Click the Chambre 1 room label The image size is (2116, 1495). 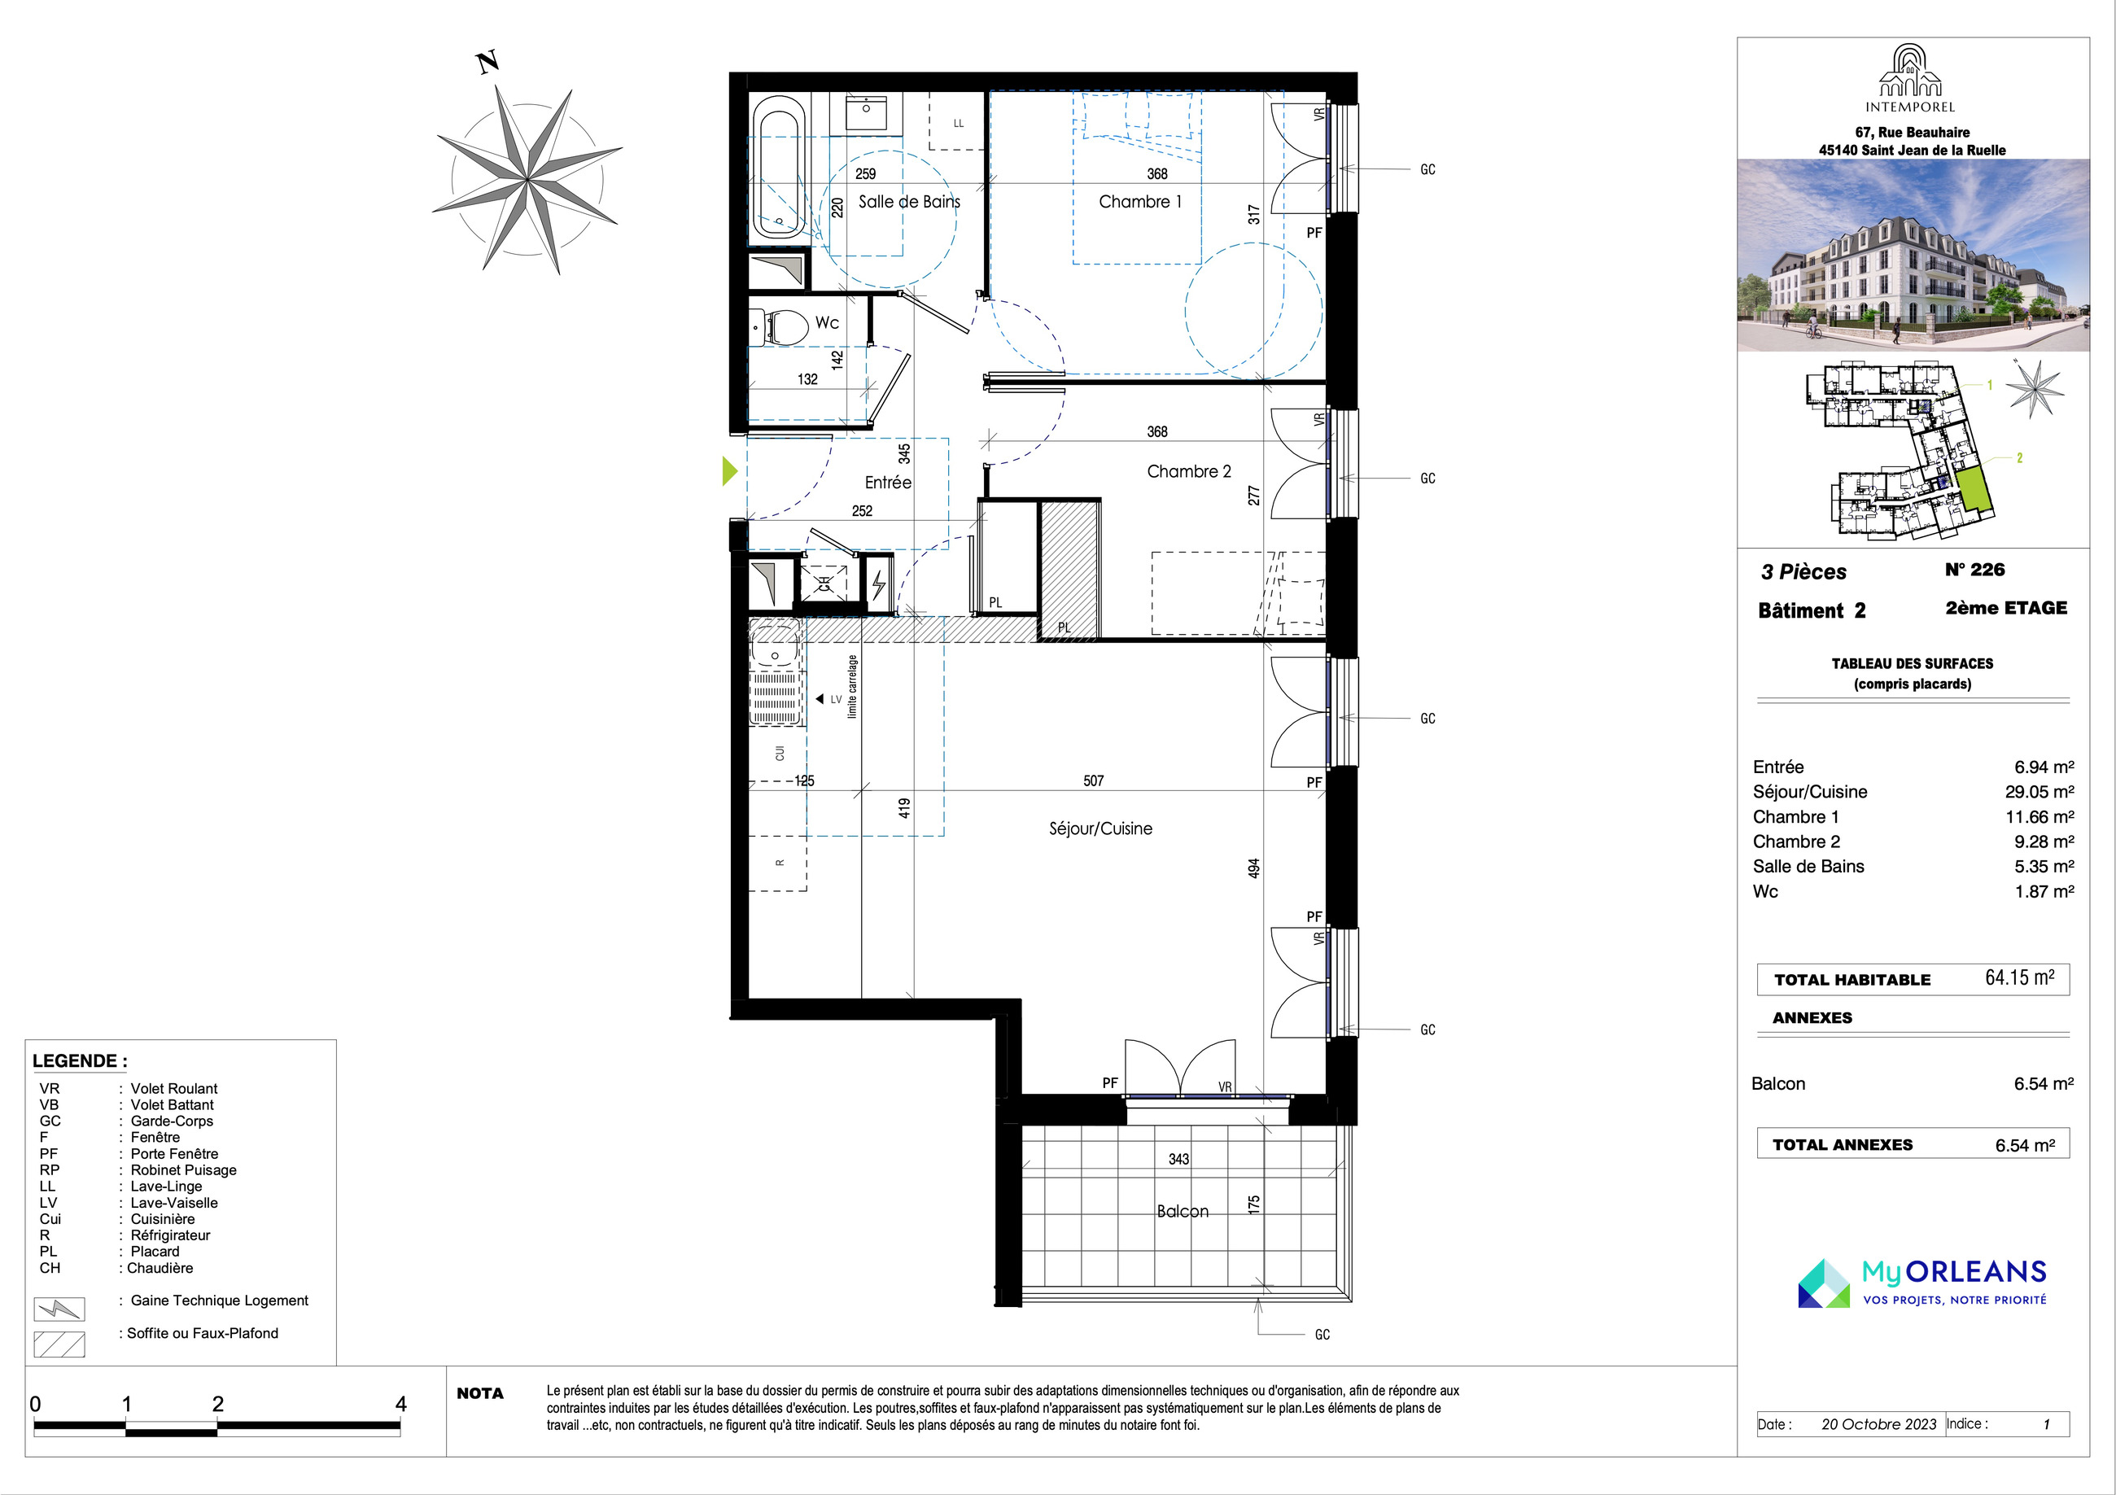(1140, 202)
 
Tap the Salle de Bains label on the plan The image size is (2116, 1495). (910, 202)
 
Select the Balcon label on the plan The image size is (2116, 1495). (1183, 1211)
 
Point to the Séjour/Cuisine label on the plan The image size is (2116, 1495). (1100, 828)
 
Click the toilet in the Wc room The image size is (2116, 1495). (778, 326)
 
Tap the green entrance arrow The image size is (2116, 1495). (729, 471)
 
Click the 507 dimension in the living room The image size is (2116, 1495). (1093, 780)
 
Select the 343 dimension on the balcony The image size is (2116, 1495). (1178, 1159)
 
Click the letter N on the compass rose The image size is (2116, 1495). (487, 63)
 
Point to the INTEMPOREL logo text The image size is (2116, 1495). (1909, 107)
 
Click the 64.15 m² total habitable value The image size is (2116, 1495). (2019, 978)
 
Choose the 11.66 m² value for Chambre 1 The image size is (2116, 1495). (2039, 816)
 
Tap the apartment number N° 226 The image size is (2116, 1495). (1975, 570)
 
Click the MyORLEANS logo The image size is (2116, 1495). (1921, 1283)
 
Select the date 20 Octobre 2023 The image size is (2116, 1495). (1878, 1424)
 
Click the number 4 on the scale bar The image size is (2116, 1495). (401, 1404)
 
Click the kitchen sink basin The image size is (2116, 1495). (774, 646)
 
